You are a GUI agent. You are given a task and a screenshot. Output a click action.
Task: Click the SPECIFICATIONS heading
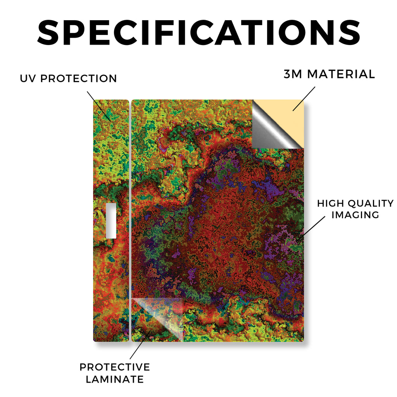199,33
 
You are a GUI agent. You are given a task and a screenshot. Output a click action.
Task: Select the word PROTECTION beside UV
78,78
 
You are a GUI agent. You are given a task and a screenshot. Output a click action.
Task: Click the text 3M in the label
293,74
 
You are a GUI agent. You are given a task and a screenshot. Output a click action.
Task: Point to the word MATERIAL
341,74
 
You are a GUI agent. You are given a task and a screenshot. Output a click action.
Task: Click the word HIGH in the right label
330,203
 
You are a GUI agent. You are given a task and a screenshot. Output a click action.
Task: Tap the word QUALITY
371,203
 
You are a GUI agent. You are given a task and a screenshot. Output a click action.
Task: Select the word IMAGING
355,215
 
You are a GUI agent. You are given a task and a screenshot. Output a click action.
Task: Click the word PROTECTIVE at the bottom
115,367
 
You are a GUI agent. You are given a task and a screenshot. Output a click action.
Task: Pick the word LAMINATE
115,379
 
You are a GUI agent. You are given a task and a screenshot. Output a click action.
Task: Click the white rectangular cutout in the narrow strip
111,221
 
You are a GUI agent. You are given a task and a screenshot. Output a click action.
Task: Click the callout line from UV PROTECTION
99,106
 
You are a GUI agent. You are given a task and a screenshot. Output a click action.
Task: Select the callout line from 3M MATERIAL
304,99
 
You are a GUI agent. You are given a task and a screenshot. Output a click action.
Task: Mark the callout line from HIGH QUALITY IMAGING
311,228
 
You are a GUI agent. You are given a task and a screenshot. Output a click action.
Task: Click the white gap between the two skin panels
130,220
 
